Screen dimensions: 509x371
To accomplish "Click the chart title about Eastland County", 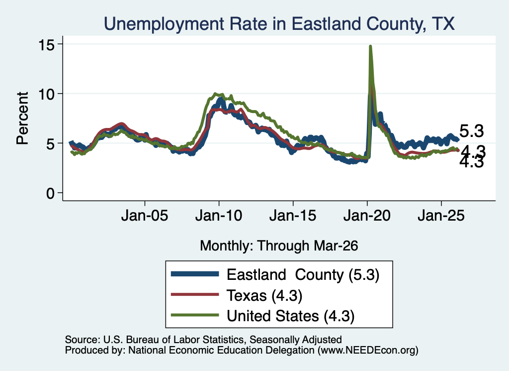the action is [279, 24].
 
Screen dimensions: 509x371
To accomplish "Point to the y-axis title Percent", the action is [23, 118].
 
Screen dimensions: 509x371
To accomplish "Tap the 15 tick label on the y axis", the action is [46, 44].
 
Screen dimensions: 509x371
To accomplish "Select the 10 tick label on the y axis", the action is [46, 94].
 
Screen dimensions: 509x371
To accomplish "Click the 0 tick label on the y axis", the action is [50, 193].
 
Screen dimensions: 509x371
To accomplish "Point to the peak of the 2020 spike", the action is [370, 46].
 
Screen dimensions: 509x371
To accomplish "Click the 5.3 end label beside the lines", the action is [472, 131].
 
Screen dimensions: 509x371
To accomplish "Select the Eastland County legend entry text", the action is [303, 275].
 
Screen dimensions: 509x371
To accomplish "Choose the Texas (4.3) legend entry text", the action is [264, 296].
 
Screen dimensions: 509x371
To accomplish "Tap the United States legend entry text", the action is [290, 316].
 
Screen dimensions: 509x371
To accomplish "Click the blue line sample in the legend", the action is [195, 274].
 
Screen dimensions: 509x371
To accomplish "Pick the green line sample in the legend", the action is [195, 315].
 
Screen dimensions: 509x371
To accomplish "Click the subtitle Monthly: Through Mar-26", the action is [279, 246].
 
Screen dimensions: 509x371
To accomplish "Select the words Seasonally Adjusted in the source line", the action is [295, 340].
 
